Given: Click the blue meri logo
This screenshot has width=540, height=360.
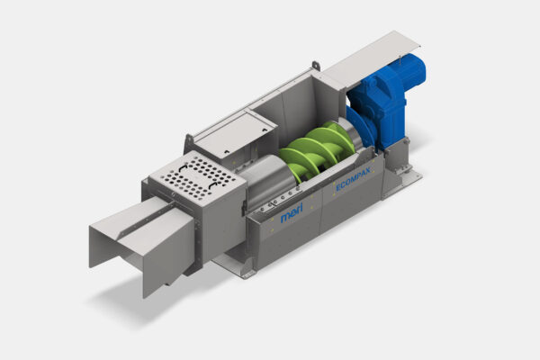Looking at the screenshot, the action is pyautogui.click(x=292, y=213).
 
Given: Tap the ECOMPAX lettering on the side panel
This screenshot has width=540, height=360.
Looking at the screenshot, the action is pyautogui.click(x=353, y=179).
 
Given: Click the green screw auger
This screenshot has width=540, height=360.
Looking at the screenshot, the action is pyautogui.click(x=318, y=149).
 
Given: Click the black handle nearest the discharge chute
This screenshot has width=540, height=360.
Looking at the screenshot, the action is pyautogui.click(x=183, y=169).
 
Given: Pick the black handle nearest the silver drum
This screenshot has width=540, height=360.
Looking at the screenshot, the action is pyautogui.click(x=213, y=186).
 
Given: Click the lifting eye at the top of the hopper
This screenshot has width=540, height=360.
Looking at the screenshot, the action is pyautogui.click(x=316, y=66).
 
